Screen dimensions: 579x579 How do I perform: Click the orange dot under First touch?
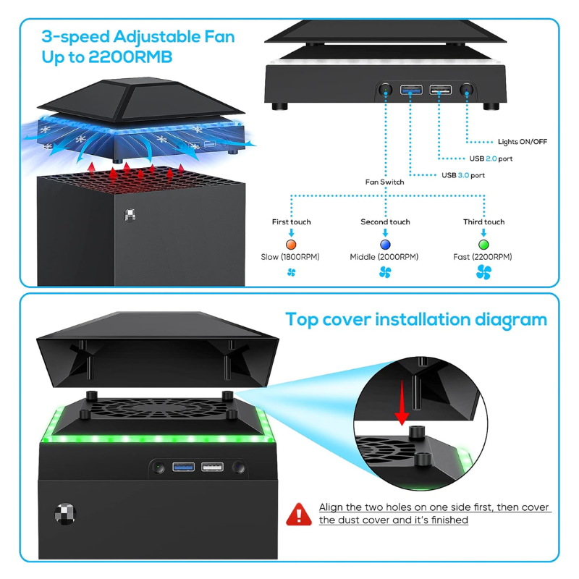tap(292, 244)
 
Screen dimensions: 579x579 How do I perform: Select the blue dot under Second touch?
tap(385, 244)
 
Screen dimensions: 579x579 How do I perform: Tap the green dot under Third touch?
tap(483, 244)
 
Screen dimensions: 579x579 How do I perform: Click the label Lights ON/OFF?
tap(523, 142)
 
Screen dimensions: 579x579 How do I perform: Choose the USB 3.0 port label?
tap(463, 175)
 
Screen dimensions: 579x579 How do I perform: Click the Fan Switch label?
tap(384, 182)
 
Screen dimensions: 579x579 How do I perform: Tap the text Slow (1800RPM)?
tap(290, 257)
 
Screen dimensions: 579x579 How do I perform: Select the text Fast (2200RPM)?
tap(483, 257)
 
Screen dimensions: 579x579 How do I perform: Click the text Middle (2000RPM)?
tap(384, 257)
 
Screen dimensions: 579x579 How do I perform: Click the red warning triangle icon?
tap(298, 514)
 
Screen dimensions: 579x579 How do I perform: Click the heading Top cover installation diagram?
tap(416, 319)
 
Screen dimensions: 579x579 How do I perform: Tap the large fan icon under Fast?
tap(483, 273)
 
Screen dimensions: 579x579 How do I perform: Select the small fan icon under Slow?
tap(291, 273)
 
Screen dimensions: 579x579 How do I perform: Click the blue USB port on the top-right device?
tap(411, 90)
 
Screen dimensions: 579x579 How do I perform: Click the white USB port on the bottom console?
tap(212, 468)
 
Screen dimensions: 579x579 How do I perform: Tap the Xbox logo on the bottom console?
tap(64, 513)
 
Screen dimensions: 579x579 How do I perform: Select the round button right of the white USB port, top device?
tap(467, 90)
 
